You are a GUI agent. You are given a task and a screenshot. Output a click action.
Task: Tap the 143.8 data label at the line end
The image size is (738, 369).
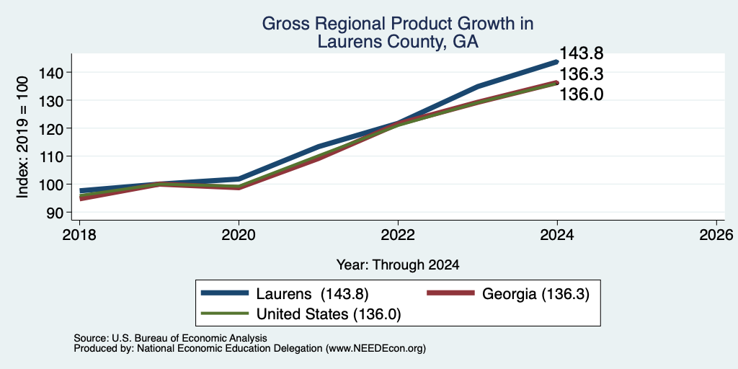581,53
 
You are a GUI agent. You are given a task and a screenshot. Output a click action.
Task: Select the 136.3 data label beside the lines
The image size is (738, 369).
581,74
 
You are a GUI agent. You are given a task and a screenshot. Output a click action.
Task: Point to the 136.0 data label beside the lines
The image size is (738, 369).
581,94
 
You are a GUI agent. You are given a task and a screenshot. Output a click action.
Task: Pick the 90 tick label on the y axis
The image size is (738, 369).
56,213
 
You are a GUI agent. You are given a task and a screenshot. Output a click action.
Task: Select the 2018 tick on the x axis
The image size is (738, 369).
79,234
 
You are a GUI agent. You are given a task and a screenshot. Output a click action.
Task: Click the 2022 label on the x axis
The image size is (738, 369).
398,234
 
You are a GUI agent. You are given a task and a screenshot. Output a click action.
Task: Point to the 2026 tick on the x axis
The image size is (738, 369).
716,234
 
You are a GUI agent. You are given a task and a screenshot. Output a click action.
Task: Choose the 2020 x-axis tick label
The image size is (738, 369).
239,234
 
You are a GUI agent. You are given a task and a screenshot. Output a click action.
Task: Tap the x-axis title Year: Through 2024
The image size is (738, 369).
398,265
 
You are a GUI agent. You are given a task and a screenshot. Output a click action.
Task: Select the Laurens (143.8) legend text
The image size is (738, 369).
312,294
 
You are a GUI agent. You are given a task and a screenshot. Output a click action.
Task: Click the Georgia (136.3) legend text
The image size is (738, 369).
535,294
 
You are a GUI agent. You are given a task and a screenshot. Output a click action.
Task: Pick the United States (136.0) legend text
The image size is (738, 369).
329,314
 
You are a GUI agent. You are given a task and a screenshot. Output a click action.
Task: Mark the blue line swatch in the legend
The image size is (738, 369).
225,293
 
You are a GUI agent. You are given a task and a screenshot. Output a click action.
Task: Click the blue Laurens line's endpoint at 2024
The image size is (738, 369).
557,62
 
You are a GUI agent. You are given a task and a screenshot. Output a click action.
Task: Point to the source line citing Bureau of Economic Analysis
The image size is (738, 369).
170,338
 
